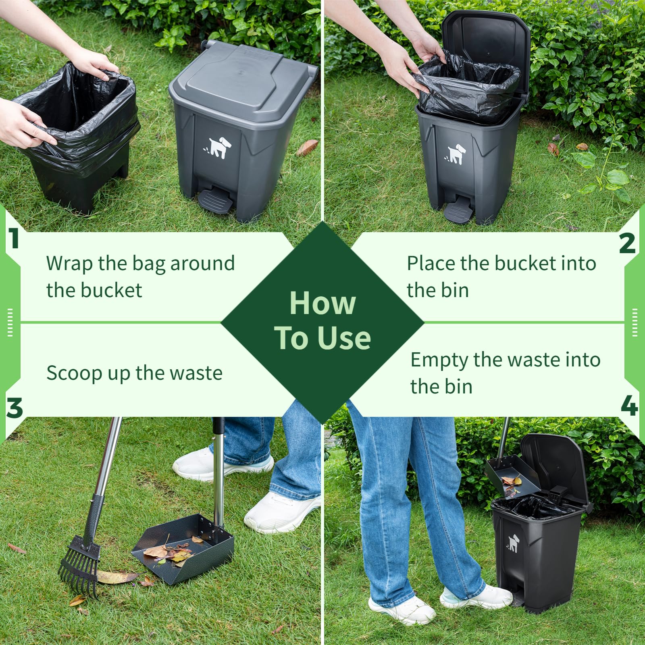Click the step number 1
(x=15, y=239)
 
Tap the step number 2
(x=627, y=243)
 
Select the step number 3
(x=15, y=408)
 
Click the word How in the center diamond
(x=322, y=303)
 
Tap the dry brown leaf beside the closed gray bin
(x=307, y=148)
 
